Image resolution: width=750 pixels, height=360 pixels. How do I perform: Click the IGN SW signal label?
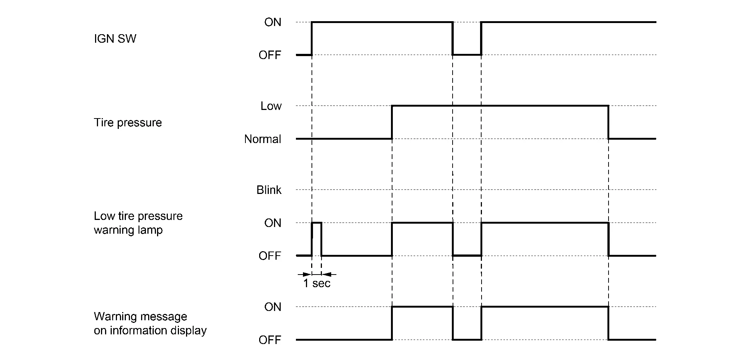pyautogui.click(x=115, y=39)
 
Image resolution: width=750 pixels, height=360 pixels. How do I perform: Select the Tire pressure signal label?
pyautogui.click(x=128, y=123)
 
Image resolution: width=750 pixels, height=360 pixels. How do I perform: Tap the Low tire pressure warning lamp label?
pyautogui.click(x=138, y=223)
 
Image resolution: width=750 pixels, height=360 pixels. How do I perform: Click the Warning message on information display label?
pyautogui.click(x=150, y=323)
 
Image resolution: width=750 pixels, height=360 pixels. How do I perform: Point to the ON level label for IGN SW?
pyautogui.click(x=273, y=22)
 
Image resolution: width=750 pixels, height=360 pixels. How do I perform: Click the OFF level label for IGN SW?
pyautogui.click(x=270, y=55)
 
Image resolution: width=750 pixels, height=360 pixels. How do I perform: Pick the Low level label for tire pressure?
pyautogui.click(x=271, y=106)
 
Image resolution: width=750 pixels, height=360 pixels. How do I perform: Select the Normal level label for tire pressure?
pyautogui.click(x=262, y=139)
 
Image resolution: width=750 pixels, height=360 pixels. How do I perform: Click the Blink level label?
pyautogui.click(x=269, y=190)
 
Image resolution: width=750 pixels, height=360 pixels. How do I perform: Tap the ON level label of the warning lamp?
pyautogui.click(x=273, y=223)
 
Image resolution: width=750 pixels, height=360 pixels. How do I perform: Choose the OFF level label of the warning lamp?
pyautogui.click(x=270, y=256)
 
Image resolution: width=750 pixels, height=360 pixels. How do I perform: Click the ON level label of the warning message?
pyautogui.click(x=273, y=307)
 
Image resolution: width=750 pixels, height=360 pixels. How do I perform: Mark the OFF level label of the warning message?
pyautogui.click(x=270, y=340)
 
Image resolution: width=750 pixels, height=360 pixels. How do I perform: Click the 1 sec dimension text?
pyautogui.click(x=317, y=283)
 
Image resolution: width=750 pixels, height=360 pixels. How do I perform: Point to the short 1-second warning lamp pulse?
pyautogui.click(x=317, y=223)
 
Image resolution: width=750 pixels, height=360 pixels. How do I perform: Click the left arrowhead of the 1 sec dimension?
pyautogui.click(x=307, y=275)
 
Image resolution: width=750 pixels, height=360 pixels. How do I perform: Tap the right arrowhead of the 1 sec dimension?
pyautogui.click(x=326, y=275)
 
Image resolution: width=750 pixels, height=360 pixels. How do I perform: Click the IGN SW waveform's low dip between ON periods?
pyautogui.click(x=467, y=55)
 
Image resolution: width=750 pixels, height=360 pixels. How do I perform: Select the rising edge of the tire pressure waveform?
pyautogui.click(x=392, y=123)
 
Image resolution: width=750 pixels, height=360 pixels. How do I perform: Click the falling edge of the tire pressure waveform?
pyautogui.click(x=608, y=123)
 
